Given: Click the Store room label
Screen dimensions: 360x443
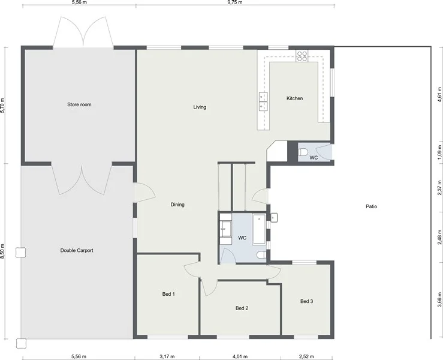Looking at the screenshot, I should coord(79,105).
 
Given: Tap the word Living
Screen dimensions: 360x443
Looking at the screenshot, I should coord(200,107).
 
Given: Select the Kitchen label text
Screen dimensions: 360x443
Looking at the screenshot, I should coord(294,98).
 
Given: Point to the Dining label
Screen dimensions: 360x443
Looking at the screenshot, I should coord(177,205).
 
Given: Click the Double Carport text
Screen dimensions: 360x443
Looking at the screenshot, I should coord(77,250).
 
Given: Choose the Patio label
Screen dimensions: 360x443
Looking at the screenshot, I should coord(371,206).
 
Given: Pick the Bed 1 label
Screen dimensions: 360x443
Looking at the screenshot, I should coord(168,294).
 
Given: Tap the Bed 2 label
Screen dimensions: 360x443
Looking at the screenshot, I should coord(242,308).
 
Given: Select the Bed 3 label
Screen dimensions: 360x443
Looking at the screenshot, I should coord(306,301).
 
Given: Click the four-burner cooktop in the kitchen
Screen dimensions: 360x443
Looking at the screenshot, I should coord(302,56).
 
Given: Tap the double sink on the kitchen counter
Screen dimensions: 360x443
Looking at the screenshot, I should coord(263,102).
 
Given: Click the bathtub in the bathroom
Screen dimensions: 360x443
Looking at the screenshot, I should coord(259,229).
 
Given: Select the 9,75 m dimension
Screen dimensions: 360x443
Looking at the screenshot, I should coord(234,2).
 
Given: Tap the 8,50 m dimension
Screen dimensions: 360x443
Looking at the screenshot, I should coord(3,251).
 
